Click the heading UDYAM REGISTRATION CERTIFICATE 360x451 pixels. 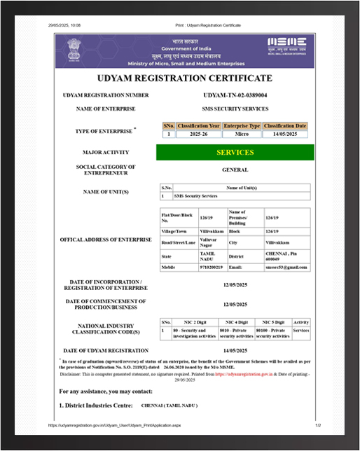click(x=185, y=78)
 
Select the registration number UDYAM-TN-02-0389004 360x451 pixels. click(x=235, y=95)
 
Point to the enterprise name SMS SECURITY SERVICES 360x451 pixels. click(x=235, y=109)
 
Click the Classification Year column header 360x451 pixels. click(x=199, y=125)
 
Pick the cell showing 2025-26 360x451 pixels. click(x=199, y=133)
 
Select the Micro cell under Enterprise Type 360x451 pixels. click(x=242, y=133)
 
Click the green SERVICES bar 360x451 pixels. click(x=235, y=152)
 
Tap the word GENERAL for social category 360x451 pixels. click(x=235, y=169)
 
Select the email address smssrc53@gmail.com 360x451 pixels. click(x=286, y=267)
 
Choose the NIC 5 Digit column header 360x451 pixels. click(x=272, y=322)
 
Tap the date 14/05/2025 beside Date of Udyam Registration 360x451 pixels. click(x=235, y=350)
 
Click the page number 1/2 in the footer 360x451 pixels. click(x=317, y=425)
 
